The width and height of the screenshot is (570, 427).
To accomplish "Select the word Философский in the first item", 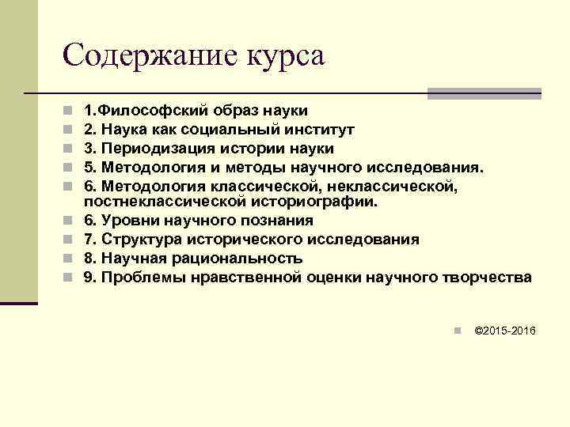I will click(148, 110).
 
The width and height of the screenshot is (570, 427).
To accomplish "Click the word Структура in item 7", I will click(135, 240).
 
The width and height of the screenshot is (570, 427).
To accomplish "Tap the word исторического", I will click(245, 240).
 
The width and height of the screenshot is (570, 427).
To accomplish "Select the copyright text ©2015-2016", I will click(504, 330).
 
